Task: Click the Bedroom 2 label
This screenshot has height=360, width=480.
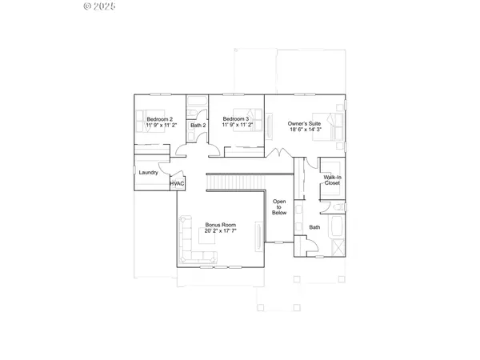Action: [160, 119]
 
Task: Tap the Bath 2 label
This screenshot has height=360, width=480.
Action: [198, 126]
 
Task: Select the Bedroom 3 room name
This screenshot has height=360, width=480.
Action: [235, 119]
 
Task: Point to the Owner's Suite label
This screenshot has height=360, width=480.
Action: [304, 123]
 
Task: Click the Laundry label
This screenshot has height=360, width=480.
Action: [147, 173]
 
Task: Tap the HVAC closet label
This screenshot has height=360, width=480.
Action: [177, 184]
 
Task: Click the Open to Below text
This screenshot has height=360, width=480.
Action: [279, 207]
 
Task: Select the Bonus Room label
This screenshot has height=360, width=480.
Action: [218, 226]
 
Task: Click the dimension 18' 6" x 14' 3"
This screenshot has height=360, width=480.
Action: [304, 130]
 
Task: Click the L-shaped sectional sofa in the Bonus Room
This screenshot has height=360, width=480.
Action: [192, 245]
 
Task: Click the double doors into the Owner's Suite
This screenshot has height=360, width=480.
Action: [278, 153]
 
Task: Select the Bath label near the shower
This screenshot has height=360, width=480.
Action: [314, 227]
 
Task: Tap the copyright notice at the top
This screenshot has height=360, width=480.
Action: [100, 6]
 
